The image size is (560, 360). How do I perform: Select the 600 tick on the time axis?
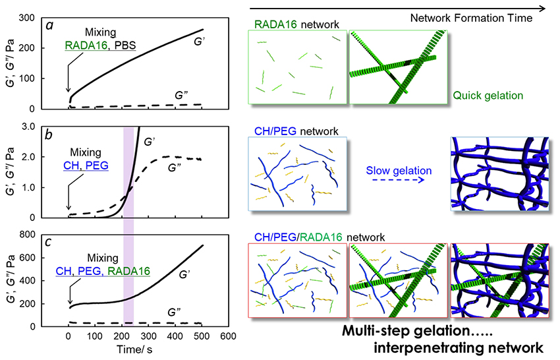pos(228,336)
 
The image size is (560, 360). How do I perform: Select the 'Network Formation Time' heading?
pos(470,18)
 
